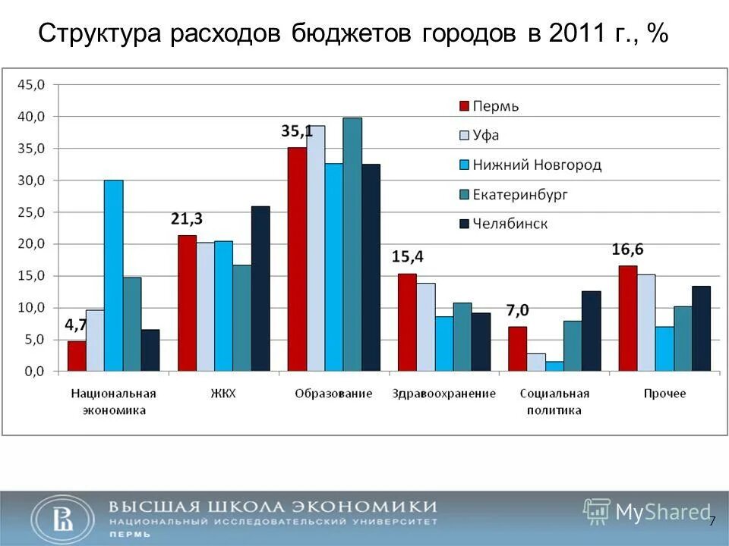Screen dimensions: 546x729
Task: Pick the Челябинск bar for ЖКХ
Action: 260,289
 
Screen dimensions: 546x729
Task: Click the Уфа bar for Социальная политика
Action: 536,362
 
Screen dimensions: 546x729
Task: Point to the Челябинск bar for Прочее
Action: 701,328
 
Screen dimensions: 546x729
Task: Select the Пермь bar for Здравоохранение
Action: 407,322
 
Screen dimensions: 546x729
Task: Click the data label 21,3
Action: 186,220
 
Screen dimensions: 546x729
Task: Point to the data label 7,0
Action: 518,310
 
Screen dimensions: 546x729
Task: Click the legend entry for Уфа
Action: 485,135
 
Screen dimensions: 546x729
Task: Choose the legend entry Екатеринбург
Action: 520,194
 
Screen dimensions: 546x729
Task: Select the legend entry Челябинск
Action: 510,224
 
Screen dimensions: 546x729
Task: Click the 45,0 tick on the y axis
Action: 32,85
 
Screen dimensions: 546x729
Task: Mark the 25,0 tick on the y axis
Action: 32,212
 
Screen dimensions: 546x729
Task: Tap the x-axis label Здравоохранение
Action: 443,394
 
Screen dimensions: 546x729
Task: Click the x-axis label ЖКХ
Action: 223,394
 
